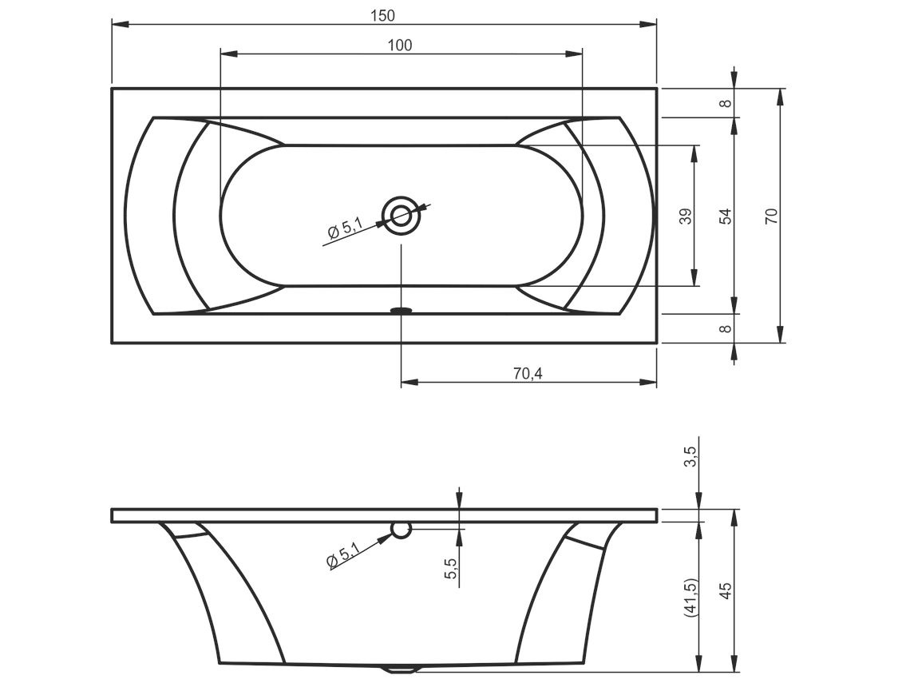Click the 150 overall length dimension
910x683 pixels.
(x=382, y=16)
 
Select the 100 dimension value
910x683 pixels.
(x=401, y=46)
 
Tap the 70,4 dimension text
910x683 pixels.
(x=528, y=374)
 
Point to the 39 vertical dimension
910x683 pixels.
(x=686, y=216)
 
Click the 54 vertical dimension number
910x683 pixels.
(x=726, y=216)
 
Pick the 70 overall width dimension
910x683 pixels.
(x=771, y=216)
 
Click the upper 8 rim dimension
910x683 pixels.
(x=726, y=103)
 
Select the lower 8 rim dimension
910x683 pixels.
(x=726, y=329)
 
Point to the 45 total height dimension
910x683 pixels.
(x=726, y=591)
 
